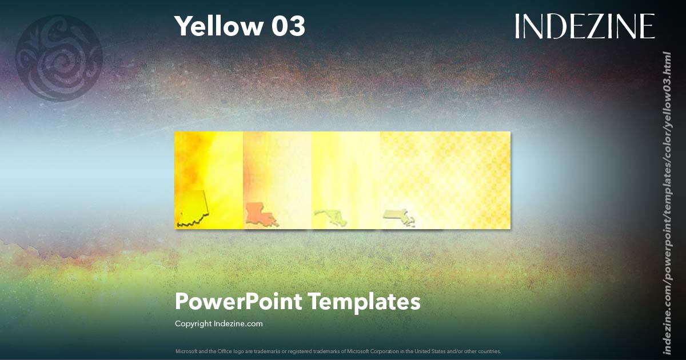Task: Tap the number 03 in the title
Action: tap(288, 26)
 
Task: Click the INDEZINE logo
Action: tap(584, 26)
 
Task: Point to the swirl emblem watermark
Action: tap(59, 58)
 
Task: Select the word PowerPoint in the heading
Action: tap(238, 302)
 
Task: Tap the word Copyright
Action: tap(193, 324)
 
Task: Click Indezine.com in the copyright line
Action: tap(238, 324)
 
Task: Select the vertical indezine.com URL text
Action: tap(667, 203)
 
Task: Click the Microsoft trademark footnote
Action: tap(338, 351)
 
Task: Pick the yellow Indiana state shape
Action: tap(193, 209)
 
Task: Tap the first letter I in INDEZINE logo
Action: tap(518, 26)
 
